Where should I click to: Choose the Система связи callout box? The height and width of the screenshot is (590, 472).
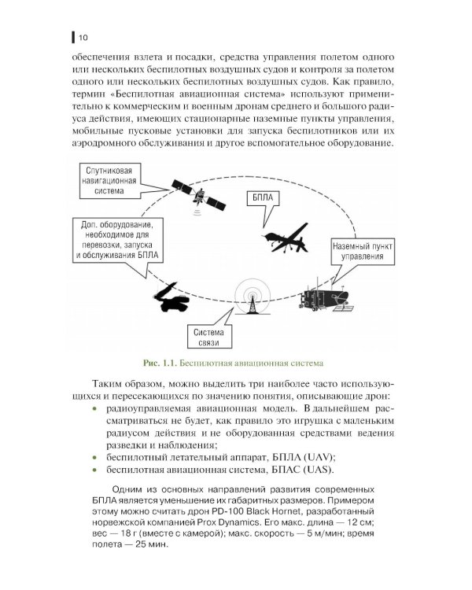(x=207, y=336)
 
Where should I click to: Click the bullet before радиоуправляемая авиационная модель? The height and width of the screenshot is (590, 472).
(x=96, y=409)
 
